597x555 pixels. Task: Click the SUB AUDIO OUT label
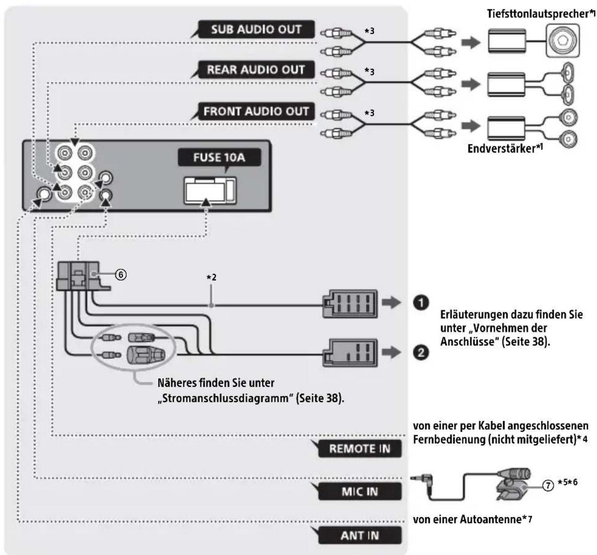[x=256, y=29]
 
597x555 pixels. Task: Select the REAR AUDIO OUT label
[x=256, y=69]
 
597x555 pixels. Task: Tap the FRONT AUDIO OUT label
[x=256, y=111]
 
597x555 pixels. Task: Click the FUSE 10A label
[x=219, y=157]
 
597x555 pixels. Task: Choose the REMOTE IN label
[x=360, y=448]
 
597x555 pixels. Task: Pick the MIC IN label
[x=360, y=492]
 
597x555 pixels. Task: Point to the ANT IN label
[x=360, y=535]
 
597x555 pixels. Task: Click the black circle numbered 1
[x=421, y=303]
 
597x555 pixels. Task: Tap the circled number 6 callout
[x=121, y=274]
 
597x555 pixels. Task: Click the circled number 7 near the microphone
[x=548, y=485]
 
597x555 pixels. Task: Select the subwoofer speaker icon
[x=563, y=41]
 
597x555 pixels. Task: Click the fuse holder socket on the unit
[x=210, y=190]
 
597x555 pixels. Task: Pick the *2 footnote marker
[x=211, y=277]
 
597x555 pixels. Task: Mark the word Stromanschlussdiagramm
[x=226, y=398]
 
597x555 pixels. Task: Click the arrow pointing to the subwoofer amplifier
[x=471, y=42]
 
